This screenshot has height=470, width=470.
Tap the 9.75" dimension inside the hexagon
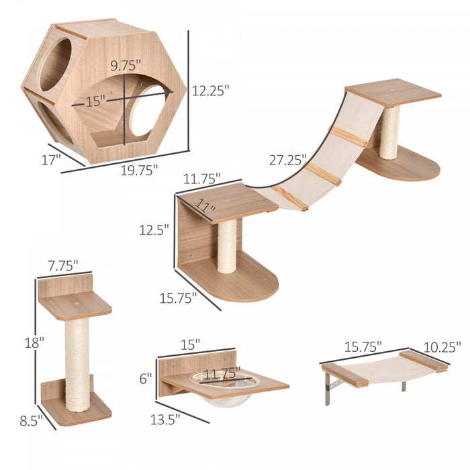126,66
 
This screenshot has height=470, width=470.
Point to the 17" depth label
50,159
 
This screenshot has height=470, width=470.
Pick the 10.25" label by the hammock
441,347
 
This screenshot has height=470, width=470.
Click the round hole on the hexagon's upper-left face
55,64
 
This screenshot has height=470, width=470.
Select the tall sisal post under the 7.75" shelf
77,363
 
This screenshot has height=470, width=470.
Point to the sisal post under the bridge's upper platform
389,132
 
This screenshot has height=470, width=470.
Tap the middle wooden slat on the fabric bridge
322,173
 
